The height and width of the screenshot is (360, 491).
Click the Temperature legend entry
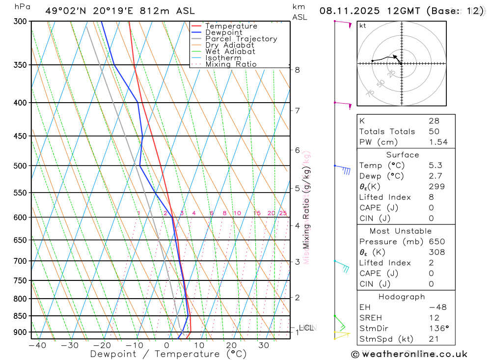tap(231, 26)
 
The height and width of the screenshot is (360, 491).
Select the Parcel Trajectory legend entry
tap(241, 39)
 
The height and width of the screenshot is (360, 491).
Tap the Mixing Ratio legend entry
tap(231, 64)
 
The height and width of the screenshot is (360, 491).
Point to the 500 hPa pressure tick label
tap(21, 166)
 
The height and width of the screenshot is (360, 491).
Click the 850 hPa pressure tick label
tap(21, 316)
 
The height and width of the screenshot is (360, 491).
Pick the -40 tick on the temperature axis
tap(37, 345)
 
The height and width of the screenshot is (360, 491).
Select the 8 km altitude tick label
tap(298, 70)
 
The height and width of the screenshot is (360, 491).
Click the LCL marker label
tap(306, 328)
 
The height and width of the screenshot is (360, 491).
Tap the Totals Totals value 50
tap(434, 132)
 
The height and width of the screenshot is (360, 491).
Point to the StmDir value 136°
tap(438, 329)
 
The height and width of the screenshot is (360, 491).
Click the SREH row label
tap(371, 318)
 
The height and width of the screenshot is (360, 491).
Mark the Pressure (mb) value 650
tap(436, 242)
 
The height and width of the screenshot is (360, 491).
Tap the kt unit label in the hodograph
tap(363, 26)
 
